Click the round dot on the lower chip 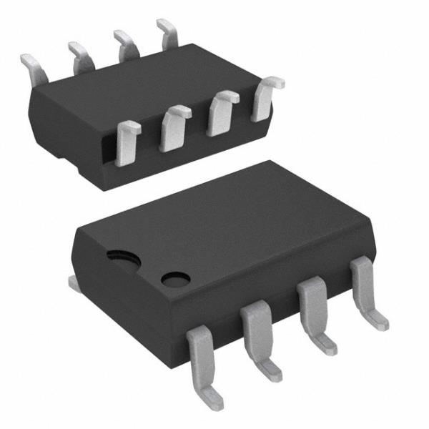coord(172,279)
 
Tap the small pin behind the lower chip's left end coord(74,282)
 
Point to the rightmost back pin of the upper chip coord(168,32)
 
